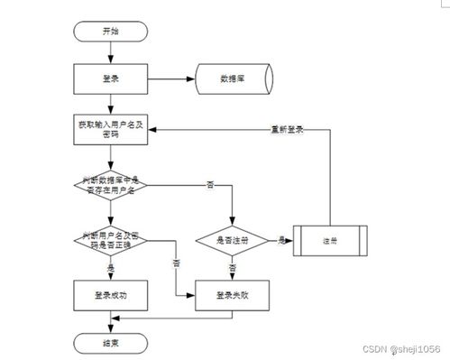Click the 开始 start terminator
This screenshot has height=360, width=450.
pyautogui.click(x=110, y=32)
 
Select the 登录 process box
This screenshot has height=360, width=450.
pyautogui.click(x=110, y=78)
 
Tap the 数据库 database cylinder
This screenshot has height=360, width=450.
pyautogui.click(x=232, y=78)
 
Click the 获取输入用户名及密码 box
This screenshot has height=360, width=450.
pyautogui.click(x=110, y=128)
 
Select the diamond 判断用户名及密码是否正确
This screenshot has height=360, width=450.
pyautogui.click(x=110, y=240)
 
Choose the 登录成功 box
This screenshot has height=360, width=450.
pyautogui.click(x=110, y=294)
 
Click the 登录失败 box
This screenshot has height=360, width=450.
pyautogui.click(x=233, y=294)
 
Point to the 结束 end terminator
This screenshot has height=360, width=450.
pyautogui.click(x=110, y=343)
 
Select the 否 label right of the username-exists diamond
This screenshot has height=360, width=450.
pyautogui.click(x=210, y=184)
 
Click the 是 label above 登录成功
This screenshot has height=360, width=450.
pyautogui.click(x=110, y=268)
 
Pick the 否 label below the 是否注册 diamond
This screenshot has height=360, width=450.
pyautogui.click(x=233, y=268)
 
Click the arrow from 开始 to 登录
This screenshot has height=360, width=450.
pyautogui.click(x=110, y=51)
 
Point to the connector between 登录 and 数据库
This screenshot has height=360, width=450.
pyautogui.click(x=170, y=78)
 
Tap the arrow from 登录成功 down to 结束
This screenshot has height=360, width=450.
pyautogui.click(x=110, y=320)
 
